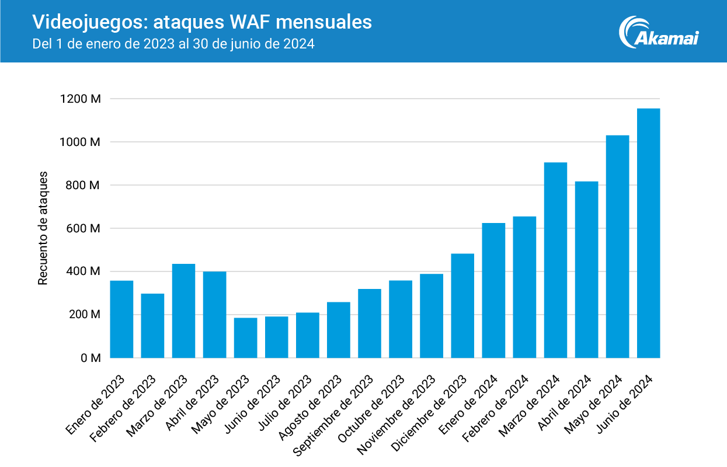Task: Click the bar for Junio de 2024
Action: (x=648, y=233)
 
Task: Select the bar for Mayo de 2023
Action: (x=245, y=338)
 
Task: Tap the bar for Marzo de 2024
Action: (x=555, y=260)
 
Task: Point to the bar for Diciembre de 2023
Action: (x=462, y=306)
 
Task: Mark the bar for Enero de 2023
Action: (x=121, y=319)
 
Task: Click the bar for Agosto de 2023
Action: (x=339, y=330)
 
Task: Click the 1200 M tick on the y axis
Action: (x=81, y=99)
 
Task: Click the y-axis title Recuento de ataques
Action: (x=43, y=229)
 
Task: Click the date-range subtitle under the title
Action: (x=174, y=44)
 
